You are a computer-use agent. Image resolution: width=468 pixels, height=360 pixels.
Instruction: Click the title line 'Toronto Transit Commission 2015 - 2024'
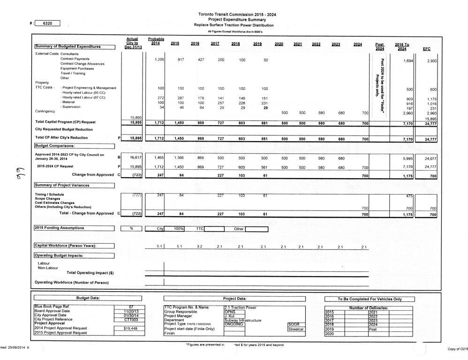pyautogui.click(x=237, y=15)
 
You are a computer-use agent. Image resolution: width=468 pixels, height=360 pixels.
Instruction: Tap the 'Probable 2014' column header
pyautogui.click(x=155, y=41)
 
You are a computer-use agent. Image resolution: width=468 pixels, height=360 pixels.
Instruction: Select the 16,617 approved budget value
pyautogui.click(x=135, y=158)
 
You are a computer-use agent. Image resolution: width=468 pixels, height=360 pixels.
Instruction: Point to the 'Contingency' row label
pyautogui.click(x=45, y=111)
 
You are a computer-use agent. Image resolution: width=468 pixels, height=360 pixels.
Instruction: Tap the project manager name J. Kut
pyautogui.click(x=229, y=315)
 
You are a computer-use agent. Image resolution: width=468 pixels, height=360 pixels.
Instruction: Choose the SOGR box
pyautogui.click(x=295, y=324)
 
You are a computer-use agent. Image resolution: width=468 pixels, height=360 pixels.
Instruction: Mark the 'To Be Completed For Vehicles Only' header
pyautogui.click(x=363, y=299)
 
